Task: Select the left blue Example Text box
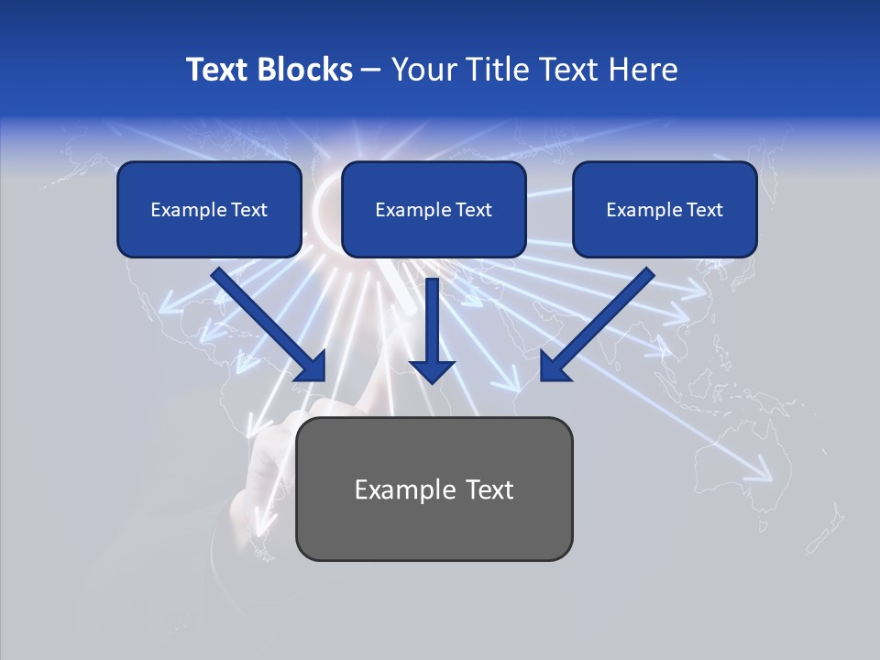[x=209, y=209]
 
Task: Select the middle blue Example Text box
[x=434, y=209]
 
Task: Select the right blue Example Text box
[x=665, y=209]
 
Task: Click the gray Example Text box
[x=434, y=489]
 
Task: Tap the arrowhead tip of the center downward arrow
[x=432, y=379]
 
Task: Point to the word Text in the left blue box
[x=249, y=210]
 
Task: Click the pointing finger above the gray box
[x=376, y=390]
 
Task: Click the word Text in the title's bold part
[x=218, y=70]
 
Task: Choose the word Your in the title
[x=423, y=70]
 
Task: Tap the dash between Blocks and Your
[x=371, y=70]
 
